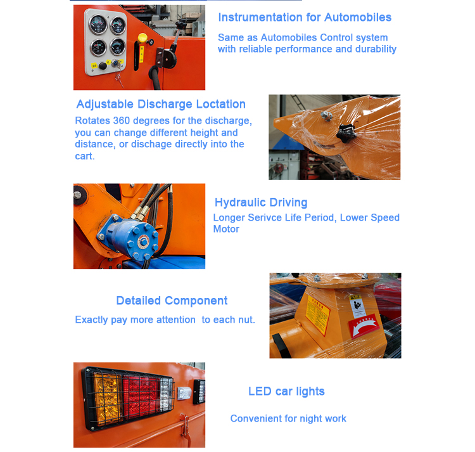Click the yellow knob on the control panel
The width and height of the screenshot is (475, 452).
click(x=142, y=38)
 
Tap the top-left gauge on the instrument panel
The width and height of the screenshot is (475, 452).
click(x=98, y=24)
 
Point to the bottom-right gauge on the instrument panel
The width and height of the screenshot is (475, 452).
click(x=117, y=46)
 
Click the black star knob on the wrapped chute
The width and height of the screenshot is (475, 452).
click(x=345, y=133)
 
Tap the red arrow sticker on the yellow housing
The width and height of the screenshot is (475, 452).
click(x=364, y=326)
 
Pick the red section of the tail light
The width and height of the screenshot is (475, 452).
click(x=141, y=396)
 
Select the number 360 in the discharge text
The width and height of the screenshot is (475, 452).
click(x=122, y=120)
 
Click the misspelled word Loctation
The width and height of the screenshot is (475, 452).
click(x=220, y=104)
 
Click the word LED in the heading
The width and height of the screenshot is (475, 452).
click(x=260, y=391)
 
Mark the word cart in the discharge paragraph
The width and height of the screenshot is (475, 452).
click(x=84, y=156)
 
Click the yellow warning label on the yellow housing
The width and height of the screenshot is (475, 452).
click(x=317, y=316)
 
